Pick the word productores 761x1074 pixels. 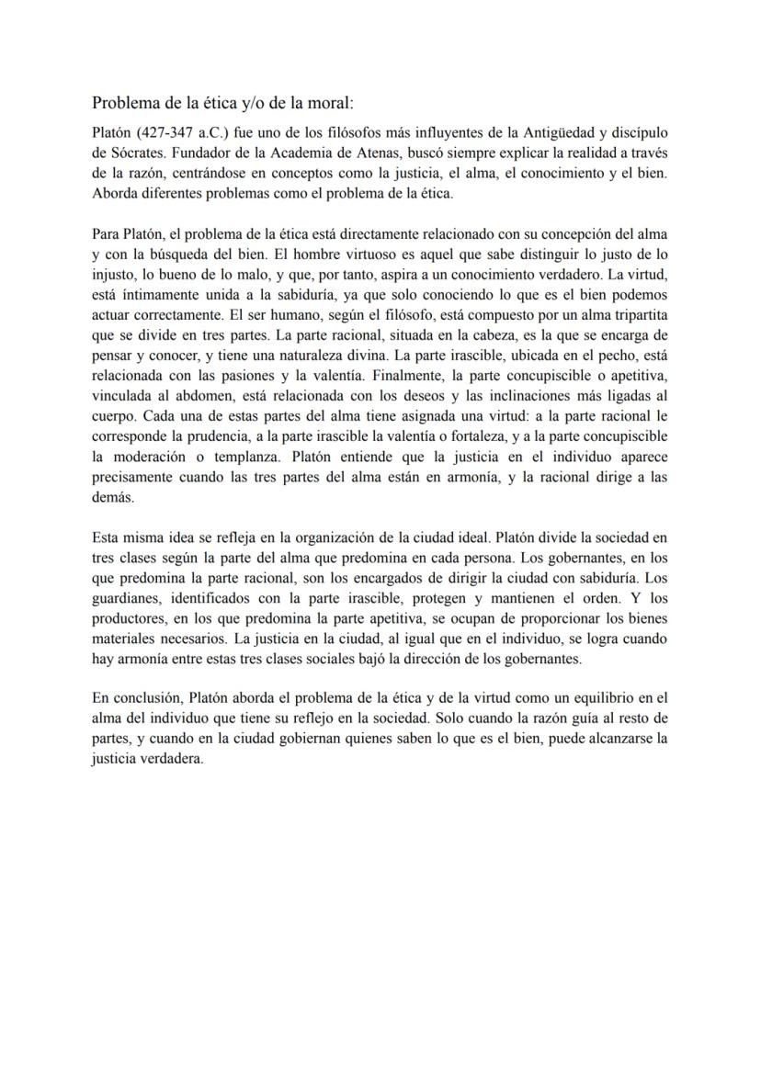130,617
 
